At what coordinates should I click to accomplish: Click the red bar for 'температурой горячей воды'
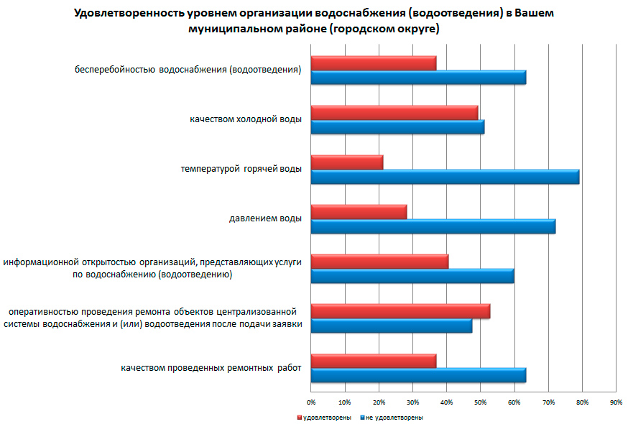point(347,162)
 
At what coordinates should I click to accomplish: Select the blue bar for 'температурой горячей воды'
point(445,177)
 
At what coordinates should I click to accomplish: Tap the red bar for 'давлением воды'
point(359,212)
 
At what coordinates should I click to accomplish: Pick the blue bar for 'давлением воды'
point(433,226)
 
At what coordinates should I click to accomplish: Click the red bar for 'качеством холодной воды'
point(394,113)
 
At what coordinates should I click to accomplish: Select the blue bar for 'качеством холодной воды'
point(397,127)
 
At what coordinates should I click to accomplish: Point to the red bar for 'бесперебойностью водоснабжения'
point(374,63)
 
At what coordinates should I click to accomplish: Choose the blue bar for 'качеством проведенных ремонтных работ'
point(418,375)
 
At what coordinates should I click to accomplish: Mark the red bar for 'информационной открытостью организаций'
point(379,262)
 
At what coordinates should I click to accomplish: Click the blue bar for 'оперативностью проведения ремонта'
point(392,326)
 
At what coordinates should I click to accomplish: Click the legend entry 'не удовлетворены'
point(394,417)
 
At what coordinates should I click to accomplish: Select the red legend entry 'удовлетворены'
point(326,417)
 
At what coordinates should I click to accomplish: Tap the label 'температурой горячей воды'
point(241,169)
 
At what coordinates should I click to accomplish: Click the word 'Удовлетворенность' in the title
point(127,14)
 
